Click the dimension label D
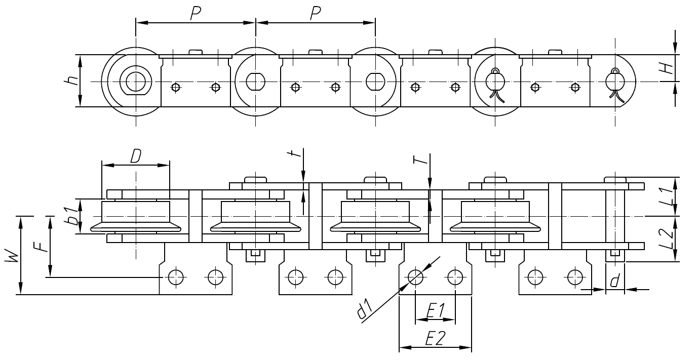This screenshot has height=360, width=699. (135, 156)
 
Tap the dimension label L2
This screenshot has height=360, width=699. (668, 239)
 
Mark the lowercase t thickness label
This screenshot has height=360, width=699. (299, 153)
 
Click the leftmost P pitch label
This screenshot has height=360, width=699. (195, 14)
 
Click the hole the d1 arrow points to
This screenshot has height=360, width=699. (415, 276)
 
